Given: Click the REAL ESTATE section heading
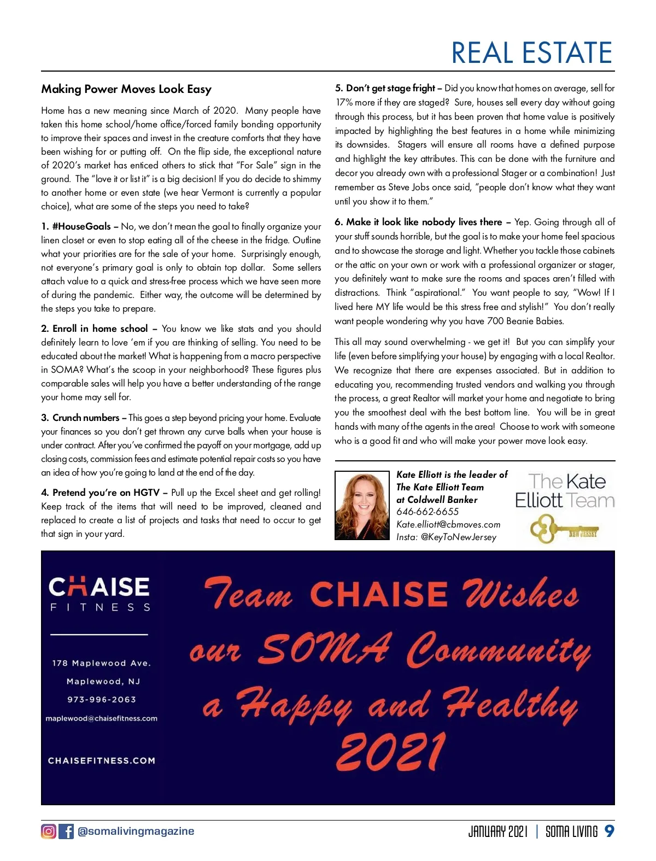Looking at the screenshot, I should pos(531,53).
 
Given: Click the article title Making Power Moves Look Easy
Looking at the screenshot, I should pos(126,89).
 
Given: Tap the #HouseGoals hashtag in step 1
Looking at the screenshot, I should pos(81,226).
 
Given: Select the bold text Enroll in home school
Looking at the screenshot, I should pos(100,329).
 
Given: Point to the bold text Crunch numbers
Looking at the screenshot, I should pos(86,418).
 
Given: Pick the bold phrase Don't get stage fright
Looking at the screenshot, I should pos(390,88).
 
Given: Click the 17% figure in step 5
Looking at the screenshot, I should pos(344,102).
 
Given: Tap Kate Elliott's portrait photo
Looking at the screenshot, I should pos(362,506).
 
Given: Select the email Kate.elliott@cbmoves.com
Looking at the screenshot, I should pos(448,524).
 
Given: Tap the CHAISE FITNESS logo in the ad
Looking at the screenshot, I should pos(99,594).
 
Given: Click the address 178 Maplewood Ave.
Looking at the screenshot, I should pos(101,663).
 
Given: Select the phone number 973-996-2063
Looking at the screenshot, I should pos(102,699).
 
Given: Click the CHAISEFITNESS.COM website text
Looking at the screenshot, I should pos(102,760).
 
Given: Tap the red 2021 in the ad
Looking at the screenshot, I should pos(390,751).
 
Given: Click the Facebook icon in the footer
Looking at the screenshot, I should pos(66,831).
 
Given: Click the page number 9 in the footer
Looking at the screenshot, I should pos(609,831).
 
